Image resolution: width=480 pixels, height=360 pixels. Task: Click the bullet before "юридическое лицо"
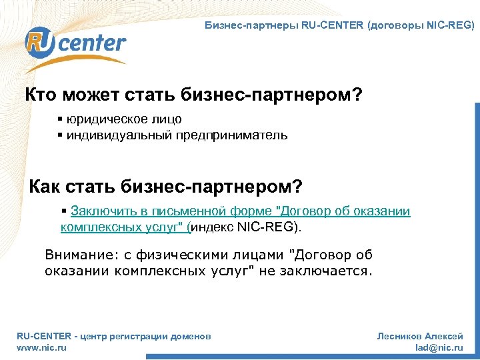(60, 119)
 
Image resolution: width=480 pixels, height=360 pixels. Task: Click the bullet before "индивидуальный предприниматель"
(60, 135)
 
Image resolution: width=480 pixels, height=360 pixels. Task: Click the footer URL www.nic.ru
(41, 347)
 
